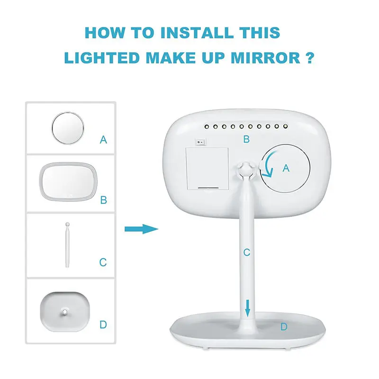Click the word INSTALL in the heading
(x=197, y=33)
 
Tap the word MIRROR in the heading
(x=265, y=58)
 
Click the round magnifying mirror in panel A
(x=68, y=128)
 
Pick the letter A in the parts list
(x=103, y=140)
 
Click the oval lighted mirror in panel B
(x=68, y=181)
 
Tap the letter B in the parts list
(x=104, y=200)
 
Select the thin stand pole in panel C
(x=67, y=245)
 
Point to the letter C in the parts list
(x=103, y=262)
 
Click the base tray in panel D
(x=65, y=312)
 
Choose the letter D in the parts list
(x=103, y=325)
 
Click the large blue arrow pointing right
(x=141, y=229)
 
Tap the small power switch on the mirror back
(x=200, y=142)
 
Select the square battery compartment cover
(x=207, y=169)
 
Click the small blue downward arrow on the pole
(x=247, y=308)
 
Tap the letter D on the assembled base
(x=284, y=327)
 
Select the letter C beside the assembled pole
(x=246, y=253)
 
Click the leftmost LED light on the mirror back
(x=207, y=126)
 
